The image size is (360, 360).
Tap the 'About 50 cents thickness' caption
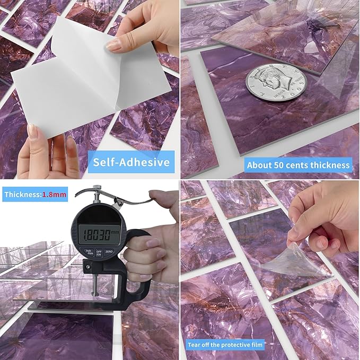(298, 165)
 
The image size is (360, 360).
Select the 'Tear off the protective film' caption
(225, 345)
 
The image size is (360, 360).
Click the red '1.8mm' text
(55, 195)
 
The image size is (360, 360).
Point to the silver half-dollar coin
(275, 82)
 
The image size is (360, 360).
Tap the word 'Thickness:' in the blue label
(22, 195)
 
